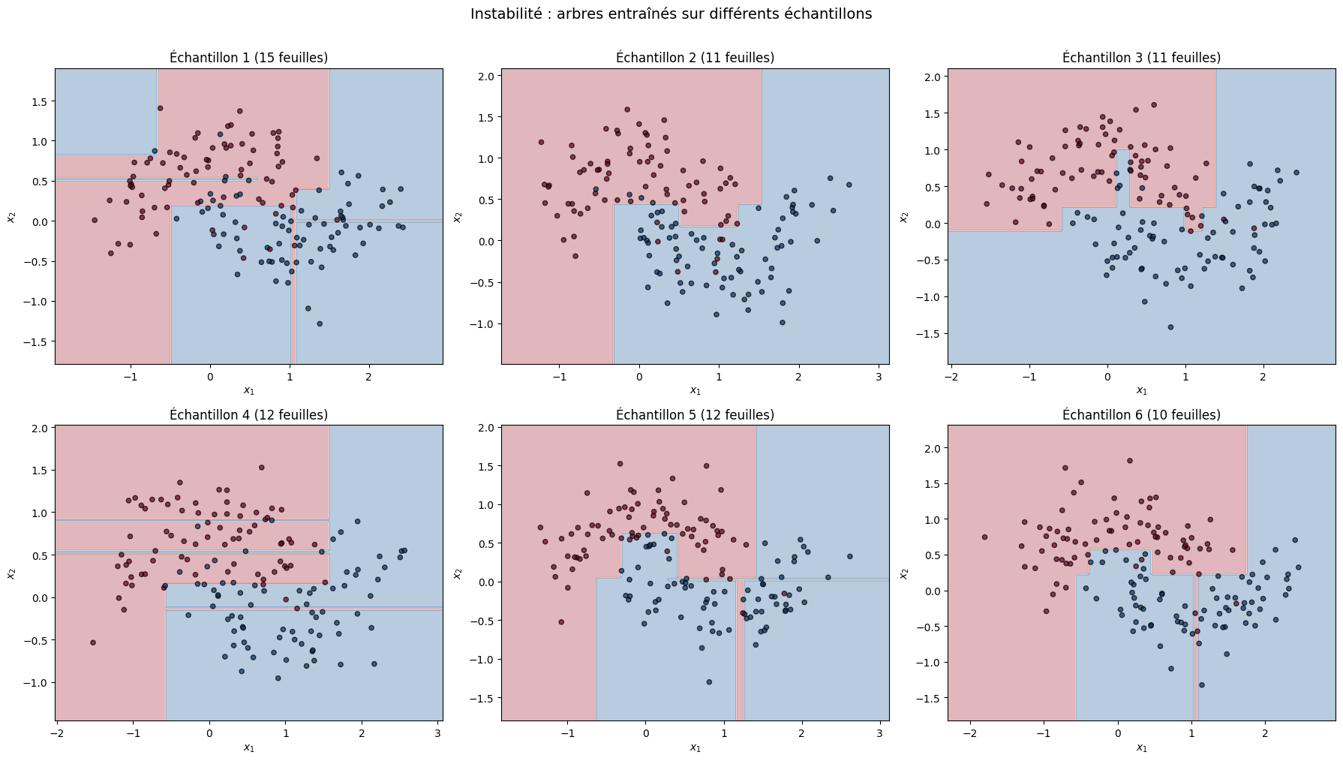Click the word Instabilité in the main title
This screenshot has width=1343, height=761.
point(505,14)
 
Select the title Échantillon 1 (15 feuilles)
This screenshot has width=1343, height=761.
point(248,58)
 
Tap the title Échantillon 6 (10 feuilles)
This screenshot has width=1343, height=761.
point(1141,415)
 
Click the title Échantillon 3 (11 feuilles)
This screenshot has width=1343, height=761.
point(1141,58)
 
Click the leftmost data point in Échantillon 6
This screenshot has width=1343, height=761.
point(984,537)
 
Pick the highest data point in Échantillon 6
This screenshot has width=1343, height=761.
point(1129,461)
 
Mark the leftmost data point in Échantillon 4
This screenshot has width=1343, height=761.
point(93,642)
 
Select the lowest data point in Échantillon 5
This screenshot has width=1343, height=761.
point(709,682)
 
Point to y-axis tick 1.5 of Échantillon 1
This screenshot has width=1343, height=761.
point(39,101)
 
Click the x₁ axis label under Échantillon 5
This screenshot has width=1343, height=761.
point(695,747)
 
